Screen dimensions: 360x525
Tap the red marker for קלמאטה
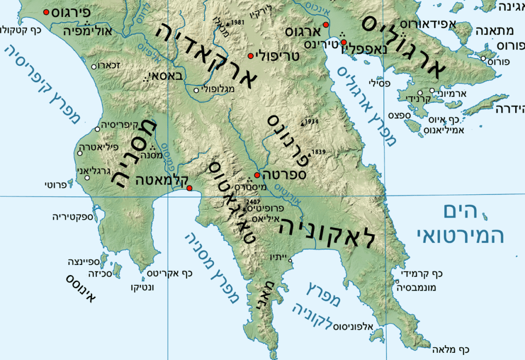click(x=189, y=188)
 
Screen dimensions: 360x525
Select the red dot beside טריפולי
click(x=251, y=56)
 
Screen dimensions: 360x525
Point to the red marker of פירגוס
click(x=47, y=12)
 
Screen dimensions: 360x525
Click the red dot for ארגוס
click(x=325, y=25)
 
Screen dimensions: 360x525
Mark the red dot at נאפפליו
click(x=344, y=42)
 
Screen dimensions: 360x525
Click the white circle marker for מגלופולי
click(x=196, y=91)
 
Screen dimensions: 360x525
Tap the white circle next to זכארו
click(x=94, y=66)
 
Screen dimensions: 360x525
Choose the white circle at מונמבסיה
click(x=397, y=281)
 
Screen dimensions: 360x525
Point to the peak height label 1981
click(x=237, y=23)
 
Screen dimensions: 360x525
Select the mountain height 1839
click(x=319, y=152)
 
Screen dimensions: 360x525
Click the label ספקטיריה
click(x=73, y=217)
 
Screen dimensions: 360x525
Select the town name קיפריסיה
click(x=118, y=125)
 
